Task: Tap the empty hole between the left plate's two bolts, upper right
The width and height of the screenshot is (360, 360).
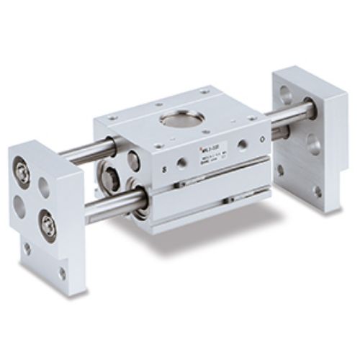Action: coord(45,188)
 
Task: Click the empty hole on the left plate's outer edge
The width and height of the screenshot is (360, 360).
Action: coord(19,206)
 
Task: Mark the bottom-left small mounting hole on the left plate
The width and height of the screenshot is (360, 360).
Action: coord(27,248)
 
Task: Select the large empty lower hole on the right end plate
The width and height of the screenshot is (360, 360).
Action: coord(314,144)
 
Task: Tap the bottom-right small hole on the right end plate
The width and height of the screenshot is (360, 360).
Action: coord(317,192)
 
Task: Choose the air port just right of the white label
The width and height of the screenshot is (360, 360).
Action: coord(243,145)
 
